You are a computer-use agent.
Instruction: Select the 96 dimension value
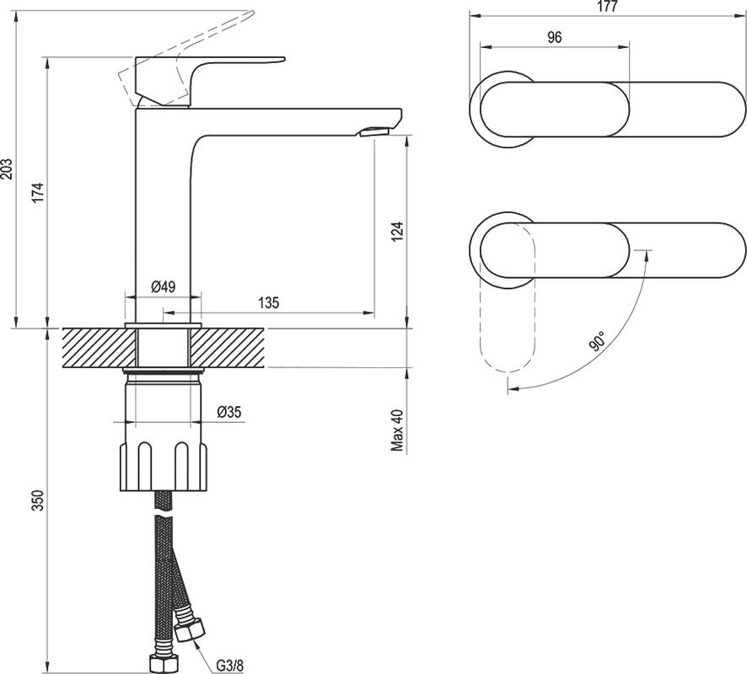pyautogui.click(x=555, y=37)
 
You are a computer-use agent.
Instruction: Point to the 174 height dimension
pyautogui.click(x=36, y=192)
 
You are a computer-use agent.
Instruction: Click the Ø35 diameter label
pyautogui.click(x=230, y=412)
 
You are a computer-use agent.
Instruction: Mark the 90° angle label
pyautogui.click(x=598, y=341)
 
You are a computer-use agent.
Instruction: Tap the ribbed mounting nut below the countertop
pyautogui.click(x=160, y=459)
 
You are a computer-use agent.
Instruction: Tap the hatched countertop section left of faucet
pyautogui.click(x=93, y=347)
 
